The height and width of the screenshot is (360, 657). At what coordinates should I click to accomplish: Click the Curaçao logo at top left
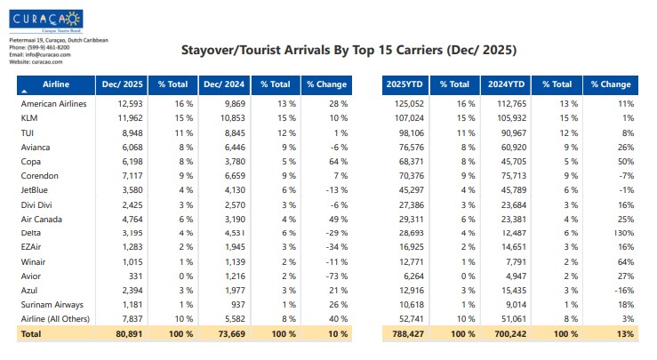point(45,19)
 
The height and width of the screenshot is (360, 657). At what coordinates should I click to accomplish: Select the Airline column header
point(56,84)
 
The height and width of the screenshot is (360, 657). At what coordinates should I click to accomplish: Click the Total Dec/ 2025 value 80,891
point(125,334)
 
